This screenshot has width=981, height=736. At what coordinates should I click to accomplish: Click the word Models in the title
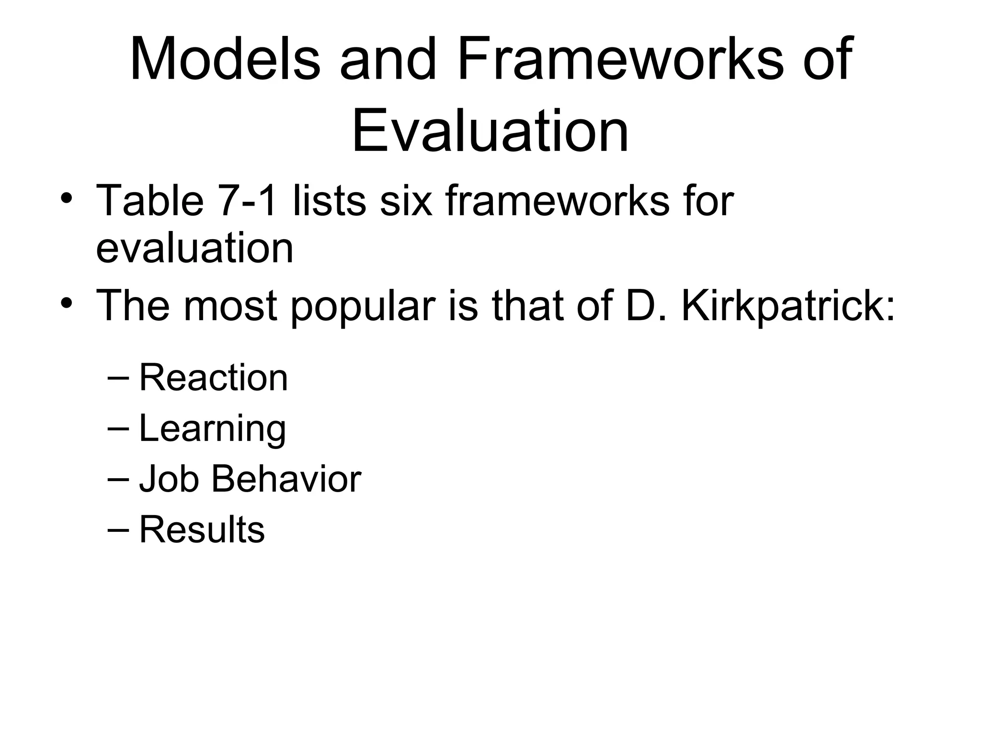pyautogui.click(x=224, y=59)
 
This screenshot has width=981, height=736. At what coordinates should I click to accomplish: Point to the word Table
pyautogui.click(x=150, y=200)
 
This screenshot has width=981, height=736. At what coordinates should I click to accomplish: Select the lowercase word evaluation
pyautogui.click(x=194, y=249)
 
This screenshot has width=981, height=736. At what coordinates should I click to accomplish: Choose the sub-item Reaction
pyautogui.click(x=213, y=378)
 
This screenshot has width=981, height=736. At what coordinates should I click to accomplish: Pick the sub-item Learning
pyautogui.click(x=212, y=428)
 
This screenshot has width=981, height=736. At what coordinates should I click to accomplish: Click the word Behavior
pyautogui.click(x=286, y=479)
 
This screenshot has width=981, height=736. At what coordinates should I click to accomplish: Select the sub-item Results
pyautogui.click(x=202, y=529)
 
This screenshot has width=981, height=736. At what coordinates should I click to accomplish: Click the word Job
pyautogui.click(x=169, y=479)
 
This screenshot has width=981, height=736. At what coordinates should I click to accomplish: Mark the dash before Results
pyautogui.click(x=118, y=529)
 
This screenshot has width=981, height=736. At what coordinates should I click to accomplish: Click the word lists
pyautogui.click(x=329, y=200)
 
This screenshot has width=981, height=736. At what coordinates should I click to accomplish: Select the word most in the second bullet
pyautogui.click(x=230, y=305)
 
